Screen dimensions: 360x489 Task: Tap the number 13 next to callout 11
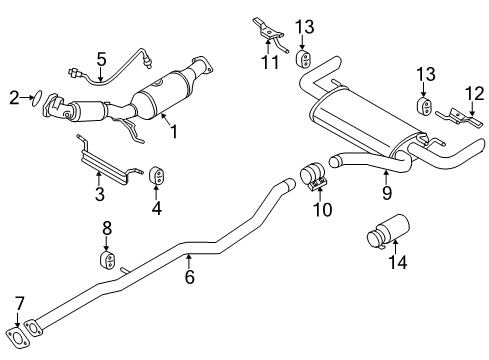(305, 25)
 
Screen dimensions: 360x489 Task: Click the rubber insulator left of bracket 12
(423, 108)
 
